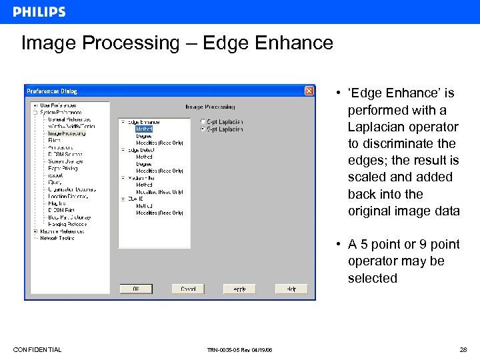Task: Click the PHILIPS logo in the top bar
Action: tap(39, 12)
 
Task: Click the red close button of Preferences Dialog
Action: tap(309, 91)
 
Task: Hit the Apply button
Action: tap(239, 289)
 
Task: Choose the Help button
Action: tap(291, 289)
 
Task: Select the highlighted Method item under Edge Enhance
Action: tap(144, 129)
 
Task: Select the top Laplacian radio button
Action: tap(203, 122)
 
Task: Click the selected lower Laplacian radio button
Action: tap(203, 129)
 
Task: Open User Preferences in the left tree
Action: tap(58, 105)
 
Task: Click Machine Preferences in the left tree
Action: tap(62, 231)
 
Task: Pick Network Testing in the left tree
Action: tap(57, 238)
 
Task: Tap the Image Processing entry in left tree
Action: tap(67, 133)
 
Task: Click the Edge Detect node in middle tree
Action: tap(141, 150)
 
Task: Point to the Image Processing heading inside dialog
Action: tap(210, 107)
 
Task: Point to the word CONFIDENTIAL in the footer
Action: tap(37, 350)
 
